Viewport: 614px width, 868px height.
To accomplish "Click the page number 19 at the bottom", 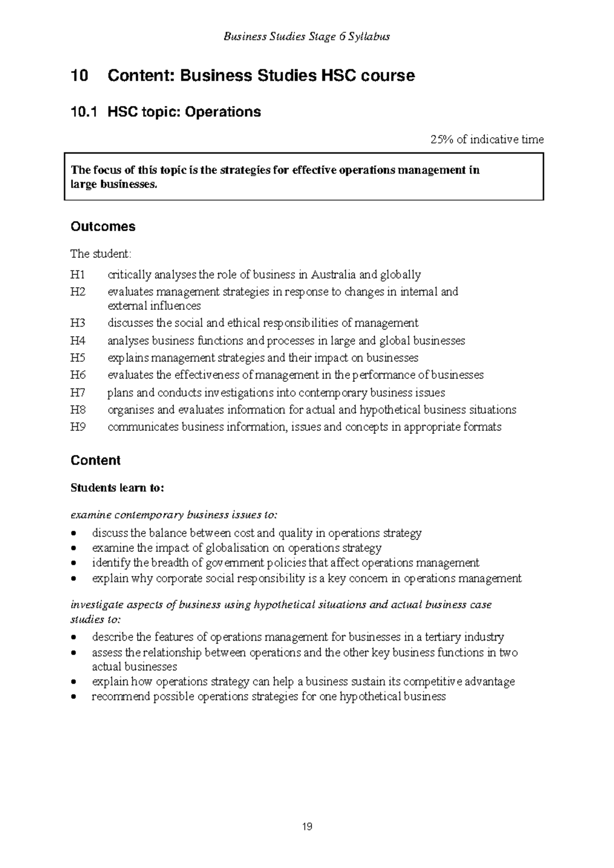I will click(x=307, y=826).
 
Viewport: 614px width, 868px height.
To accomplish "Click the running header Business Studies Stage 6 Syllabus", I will click(x=307, y=36).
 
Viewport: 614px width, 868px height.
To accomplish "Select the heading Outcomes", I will click(x=103, y=227).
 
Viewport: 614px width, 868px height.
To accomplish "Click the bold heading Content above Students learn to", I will click(x=95, y=460).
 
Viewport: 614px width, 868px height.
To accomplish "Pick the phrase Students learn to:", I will click(x=117, y=488).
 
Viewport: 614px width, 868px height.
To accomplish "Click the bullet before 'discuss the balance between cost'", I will click(x=75, y=533).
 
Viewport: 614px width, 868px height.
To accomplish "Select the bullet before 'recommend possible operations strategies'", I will click(x=75, y=697).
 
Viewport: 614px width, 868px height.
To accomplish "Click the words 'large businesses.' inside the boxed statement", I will click(x=113, y=185).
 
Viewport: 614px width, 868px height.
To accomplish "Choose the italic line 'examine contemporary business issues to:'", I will click(x=174, y=514).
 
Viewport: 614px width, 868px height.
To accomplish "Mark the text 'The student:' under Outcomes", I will click(x=101, y=254).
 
